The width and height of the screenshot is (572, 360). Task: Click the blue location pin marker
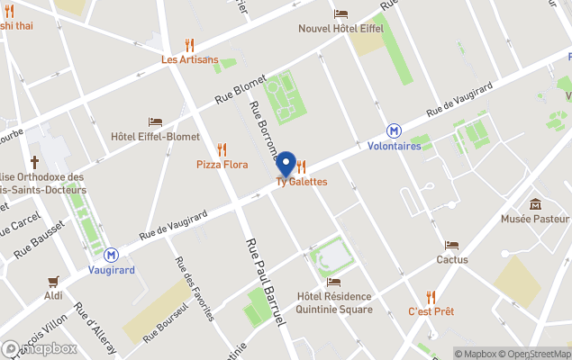tap(286, 164)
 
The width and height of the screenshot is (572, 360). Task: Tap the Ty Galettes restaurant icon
tap(301, 166)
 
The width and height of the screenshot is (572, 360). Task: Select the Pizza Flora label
tap(222, 165)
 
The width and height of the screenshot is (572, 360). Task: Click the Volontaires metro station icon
tap(395, 131)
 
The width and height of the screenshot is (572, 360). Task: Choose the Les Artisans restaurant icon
tap(189, 44)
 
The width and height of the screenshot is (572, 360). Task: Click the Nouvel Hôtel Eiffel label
tap(340, 28)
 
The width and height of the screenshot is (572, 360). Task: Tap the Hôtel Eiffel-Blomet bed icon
tap(155, 121)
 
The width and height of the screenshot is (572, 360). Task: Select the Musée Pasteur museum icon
tap(535, 204)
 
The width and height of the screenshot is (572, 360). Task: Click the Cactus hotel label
tap(451, 259)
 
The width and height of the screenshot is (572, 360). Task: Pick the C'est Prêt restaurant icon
tap(431, 296)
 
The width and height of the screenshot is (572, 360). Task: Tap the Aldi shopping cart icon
tap(54, 281)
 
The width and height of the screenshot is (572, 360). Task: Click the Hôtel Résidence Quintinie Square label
tap(334, 303)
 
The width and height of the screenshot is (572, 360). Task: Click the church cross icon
tap(35, 163)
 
